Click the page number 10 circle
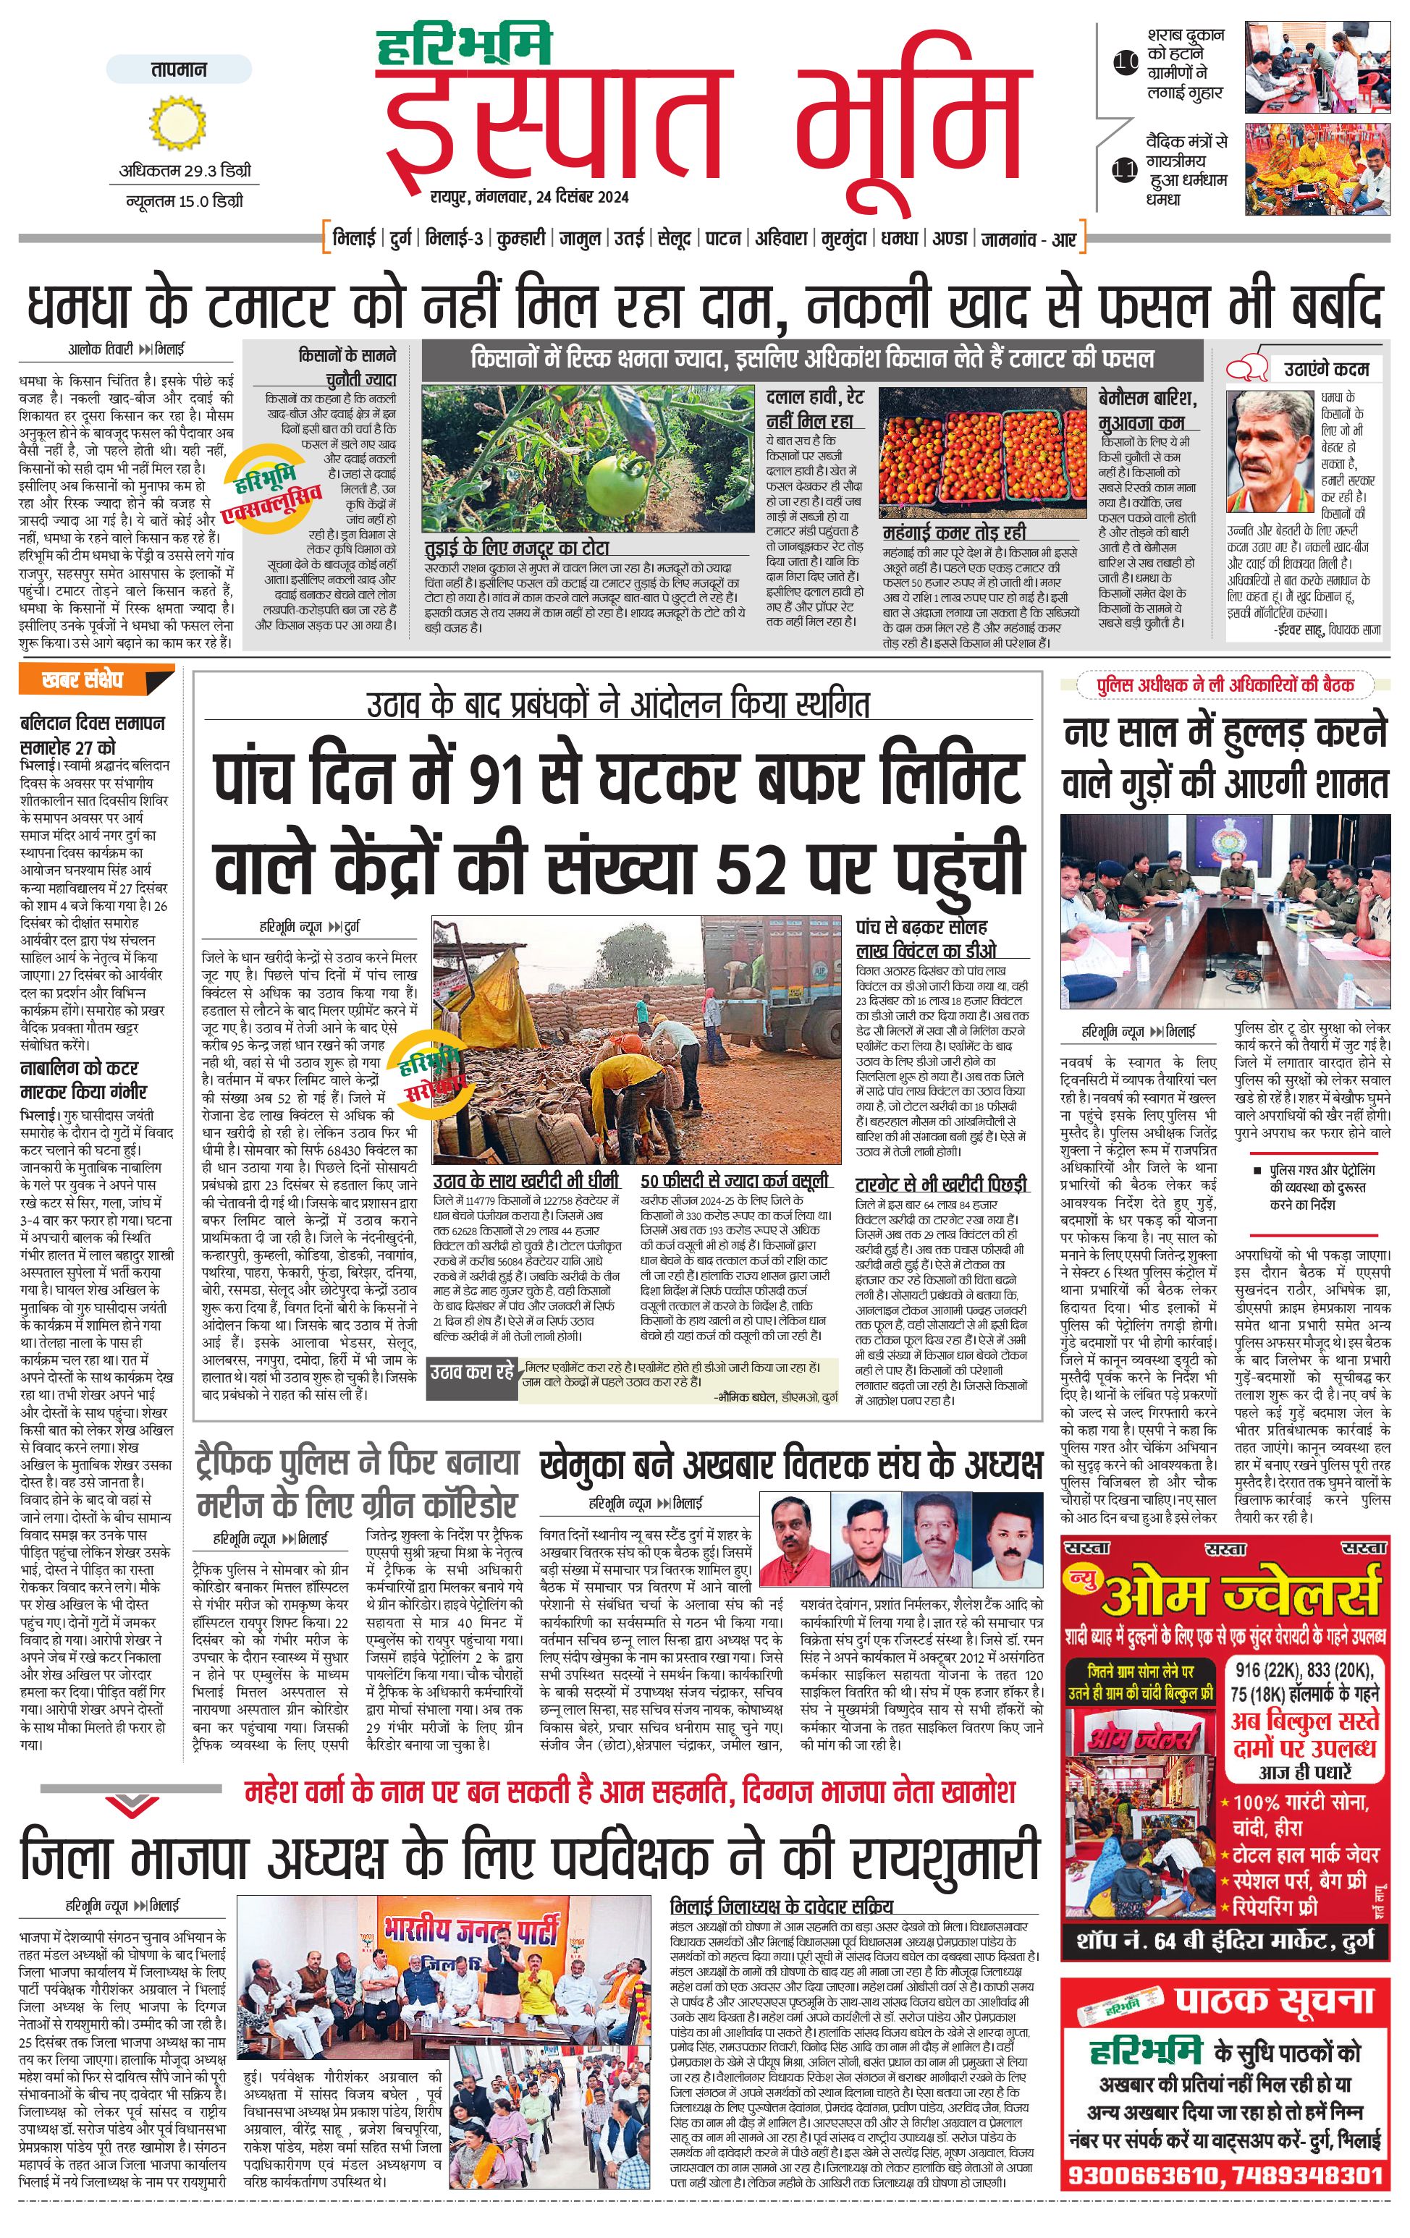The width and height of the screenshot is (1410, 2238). click(x=1126, y=63)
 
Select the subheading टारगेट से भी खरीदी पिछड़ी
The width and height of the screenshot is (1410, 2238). click(x=941, y=1184)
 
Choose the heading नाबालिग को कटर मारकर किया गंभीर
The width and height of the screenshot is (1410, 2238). click(x=84, y=1080)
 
